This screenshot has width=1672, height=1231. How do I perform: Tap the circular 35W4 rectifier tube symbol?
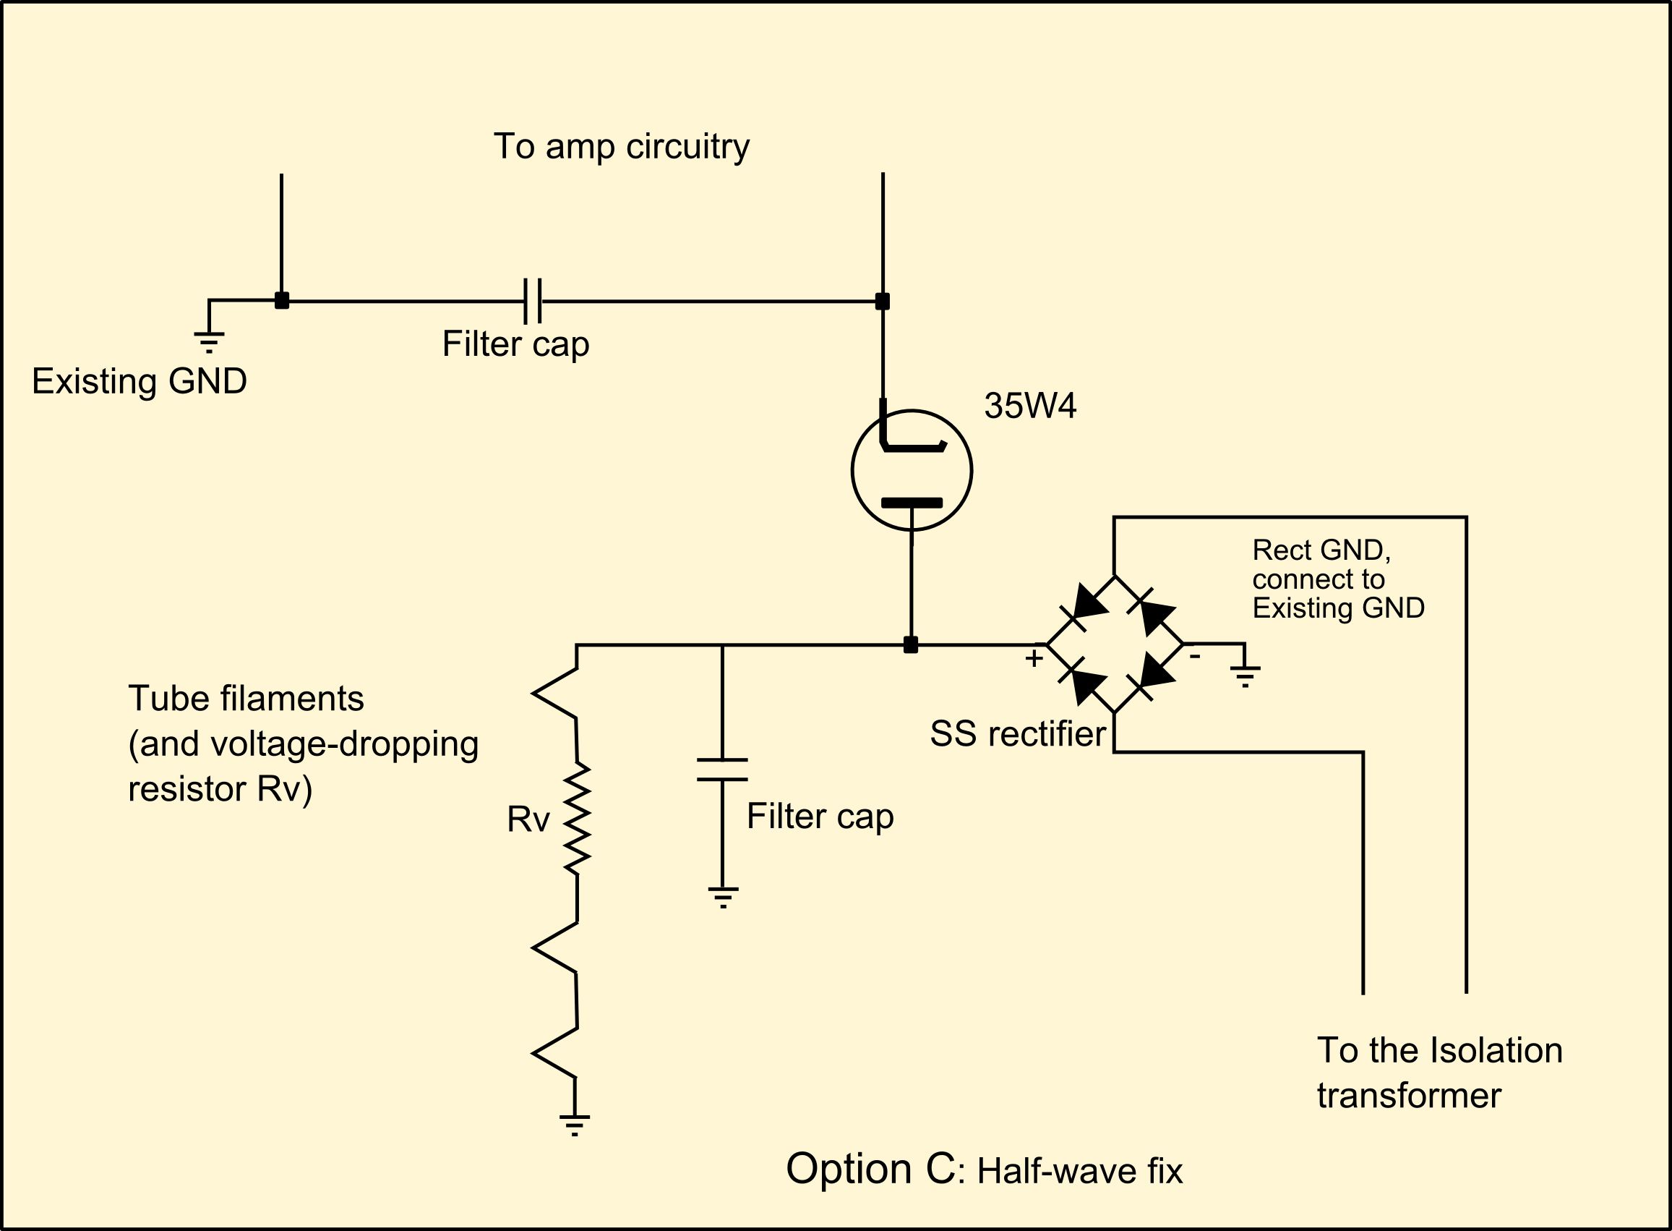pos(911,470)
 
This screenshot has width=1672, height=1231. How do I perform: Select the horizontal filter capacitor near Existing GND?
pos(533,301)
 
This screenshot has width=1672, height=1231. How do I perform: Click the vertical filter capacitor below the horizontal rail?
pos(721,770)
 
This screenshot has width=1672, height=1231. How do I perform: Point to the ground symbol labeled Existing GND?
pos(210,342)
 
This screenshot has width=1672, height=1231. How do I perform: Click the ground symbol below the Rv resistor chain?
pos(574,1125)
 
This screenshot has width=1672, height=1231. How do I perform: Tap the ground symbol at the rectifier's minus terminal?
pos(1245,675)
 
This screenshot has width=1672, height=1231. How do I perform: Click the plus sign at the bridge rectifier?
pos(1033,659)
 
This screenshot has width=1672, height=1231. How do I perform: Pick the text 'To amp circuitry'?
pos(621,146)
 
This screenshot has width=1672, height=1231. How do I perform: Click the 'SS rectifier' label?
pos(1017,735)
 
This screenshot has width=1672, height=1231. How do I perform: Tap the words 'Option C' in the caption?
pos(870,1168)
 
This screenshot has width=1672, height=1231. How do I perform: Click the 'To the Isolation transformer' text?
pos(1439,1073)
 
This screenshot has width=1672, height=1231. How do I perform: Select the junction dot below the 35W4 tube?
pos(910,644)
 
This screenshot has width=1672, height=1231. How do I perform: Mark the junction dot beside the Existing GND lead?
pos(281,301)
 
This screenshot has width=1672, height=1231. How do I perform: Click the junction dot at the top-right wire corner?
pos(883,301)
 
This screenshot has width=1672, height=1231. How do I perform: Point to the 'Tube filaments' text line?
pos(246,699)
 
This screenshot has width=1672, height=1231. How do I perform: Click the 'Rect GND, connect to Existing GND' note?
pos(1337,579)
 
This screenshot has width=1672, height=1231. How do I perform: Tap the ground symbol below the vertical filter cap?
pos(722,897)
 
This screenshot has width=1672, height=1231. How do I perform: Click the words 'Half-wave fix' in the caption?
pos(1079,1172)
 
